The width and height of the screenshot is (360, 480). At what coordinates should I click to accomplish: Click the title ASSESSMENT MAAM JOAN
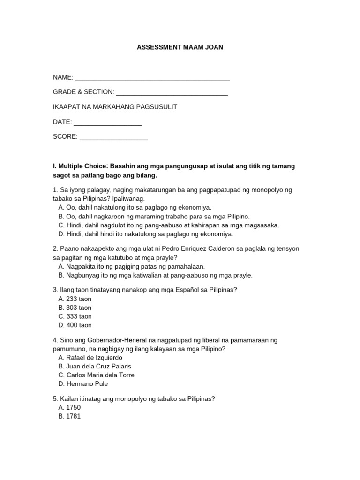pos(180,48)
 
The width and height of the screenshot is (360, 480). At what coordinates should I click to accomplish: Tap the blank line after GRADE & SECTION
pos(172,93)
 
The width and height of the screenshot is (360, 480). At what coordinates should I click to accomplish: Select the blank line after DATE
pos(108,123)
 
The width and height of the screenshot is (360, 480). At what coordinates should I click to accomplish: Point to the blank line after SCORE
pos(113,138)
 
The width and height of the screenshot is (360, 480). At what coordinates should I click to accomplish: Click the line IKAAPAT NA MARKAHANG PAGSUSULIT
pos(115,107)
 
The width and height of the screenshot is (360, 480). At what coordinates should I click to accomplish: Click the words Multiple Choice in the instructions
pos(83,166)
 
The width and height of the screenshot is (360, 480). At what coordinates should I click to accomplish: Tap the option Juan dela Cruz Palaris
pos(95,366)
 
